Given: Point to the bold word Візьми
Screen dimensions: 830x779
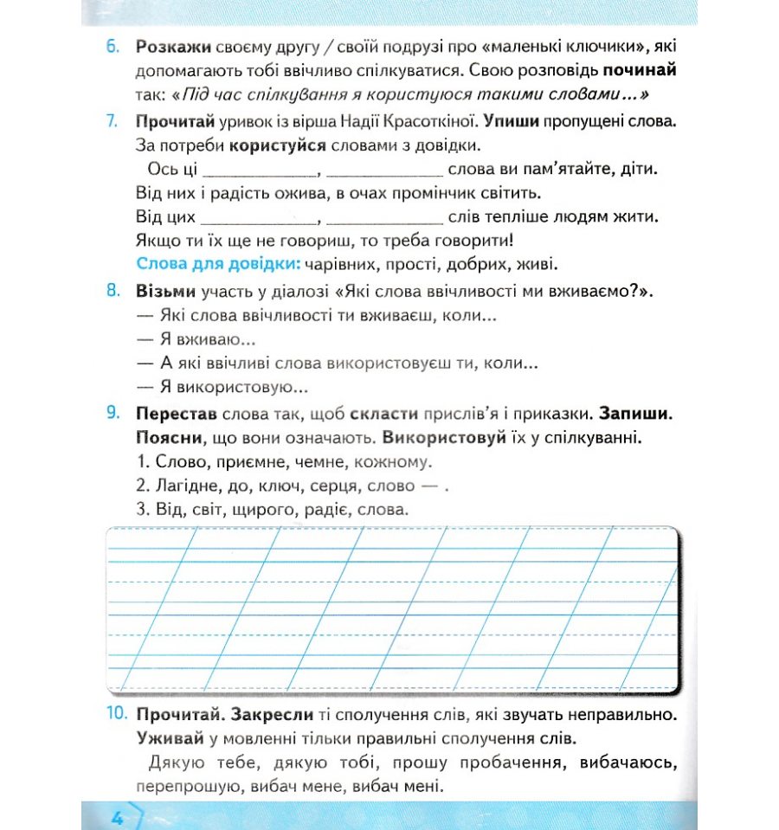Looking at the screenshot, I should tap(166, 292).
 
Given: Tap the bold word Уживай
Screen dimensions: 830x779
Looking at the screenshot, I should tap(170, 739).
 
